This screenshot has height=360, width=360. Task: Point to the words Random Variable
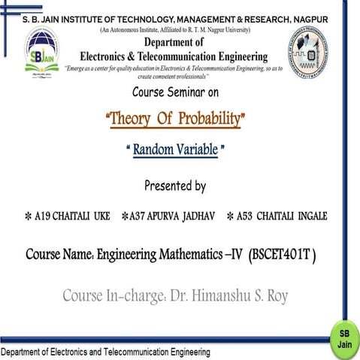[175, 150]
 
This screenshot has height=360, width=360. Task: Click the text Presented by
[175, 186]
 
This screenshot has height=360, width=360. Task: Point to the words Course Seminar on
[175, 93]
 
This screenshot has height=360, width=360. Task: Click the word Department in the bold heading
[174, 43]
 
